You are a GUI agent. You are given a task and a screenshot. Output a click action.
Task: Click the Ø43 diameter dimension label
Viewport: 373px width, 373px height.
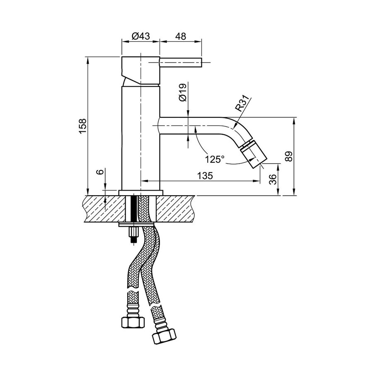140,36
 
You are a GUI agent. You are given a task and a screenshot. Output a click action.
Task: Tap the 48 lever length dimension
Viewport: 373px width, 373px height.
180,36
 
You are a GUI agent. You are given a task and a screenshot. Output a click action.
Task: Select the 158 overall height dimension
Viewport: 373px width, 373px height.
83,126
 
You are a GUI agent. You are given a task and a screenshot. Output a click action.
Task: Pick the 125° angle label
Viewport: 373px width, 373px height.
215,159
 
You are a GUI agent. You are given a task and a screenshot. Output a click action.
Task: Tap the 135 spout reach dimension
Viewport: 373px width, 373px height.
205,176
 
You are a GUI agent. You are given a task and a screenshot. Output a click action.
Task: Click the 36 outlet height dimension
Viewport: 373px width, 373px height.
272,179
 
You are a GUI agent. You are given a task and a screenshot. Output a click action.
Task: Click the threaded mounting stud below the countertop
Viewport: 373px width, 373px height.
133,235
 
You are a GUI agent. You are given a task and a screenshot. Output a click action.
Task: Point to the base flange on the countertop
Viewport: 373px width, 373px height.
141,193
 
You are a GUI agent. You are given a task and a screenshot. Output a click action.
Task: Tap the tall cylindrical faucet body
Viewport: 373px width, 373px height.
140,137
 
